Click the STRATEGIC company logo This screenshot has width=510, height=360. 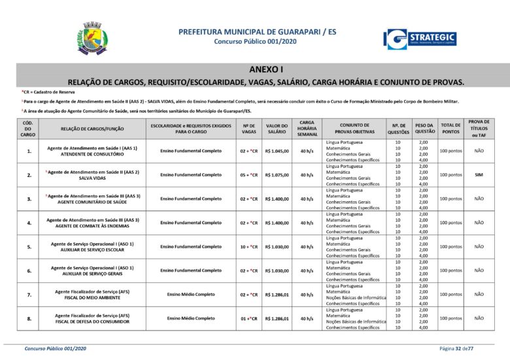[420, 39]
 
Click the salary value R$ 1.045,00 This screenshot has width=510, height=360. [277, 151]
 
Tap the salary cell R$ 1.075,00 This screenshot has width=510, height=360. [277, 175]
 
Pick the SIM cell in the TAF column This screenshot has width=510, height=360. [479, 175]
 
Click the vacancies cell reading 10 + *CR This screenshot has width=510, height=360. [249, 247]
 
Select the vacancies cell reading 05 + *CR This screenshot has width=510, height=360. [249, 175]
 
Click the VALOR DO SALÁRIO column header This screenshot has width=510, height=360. [277, 128]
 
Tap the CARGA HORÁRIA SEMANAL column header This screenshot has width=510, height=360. [306, 128]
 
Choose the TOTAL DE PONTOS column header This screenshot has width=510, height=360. [450, 128]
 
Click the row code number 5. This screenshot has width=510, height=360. [28, 247]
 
